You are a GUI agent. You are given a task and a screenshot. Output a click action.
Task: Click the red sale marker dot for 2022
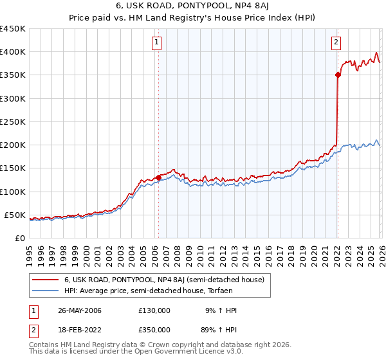[337, 75]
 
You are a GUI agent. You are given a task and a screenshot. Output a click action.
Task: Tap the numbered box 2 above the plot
[336, 43]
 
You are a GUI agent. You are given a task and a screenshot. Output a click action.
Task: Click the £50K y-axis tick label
[15, 215]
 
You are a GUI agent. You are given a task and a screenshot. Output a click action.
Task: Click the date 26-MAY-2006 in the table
[79, 310]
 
